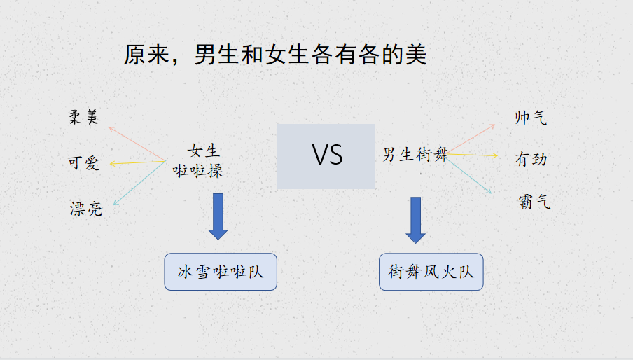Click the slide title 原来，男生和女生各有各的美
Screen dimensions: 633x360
point(275,55)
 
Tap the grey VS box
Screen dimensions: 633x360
point(326,157)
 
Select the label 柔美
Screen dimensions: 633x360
point(83,117)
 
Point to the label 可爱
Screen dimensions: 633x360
point(83,163)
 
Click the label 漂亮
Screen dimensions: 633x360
point(86,209)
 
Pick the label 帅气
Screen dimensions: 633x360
point(531,118)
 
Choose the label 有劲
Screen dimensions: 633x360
point(531,160)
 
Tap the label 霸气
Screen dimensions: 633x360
point(534,202)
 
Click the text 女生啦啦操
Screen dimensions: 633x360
point(198,161)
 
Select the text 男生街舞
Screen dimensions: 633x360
point(416,154)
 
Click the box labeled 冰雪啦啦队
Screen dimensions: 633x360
point(221,272)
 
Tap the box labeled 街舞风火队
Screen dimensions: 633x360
point(431,272)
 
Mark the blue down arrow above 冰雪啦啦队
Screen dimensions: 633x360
point(218,216)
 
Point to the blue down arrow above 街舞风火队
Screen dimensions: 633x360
point(415,221)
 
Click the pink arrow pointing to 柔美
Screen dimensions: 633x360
point(137,144)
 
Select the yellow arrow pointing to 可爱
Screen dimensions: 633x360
point(138,162)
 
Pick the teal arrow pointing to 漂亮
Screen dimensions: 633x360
point(139,183)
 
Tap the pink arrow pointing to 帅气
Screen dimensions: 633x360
point(471,139)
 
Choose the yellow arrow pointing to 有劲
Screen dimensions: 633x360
point(473,155)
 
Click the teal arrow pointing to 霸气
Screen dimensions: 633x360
point(469,175)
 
